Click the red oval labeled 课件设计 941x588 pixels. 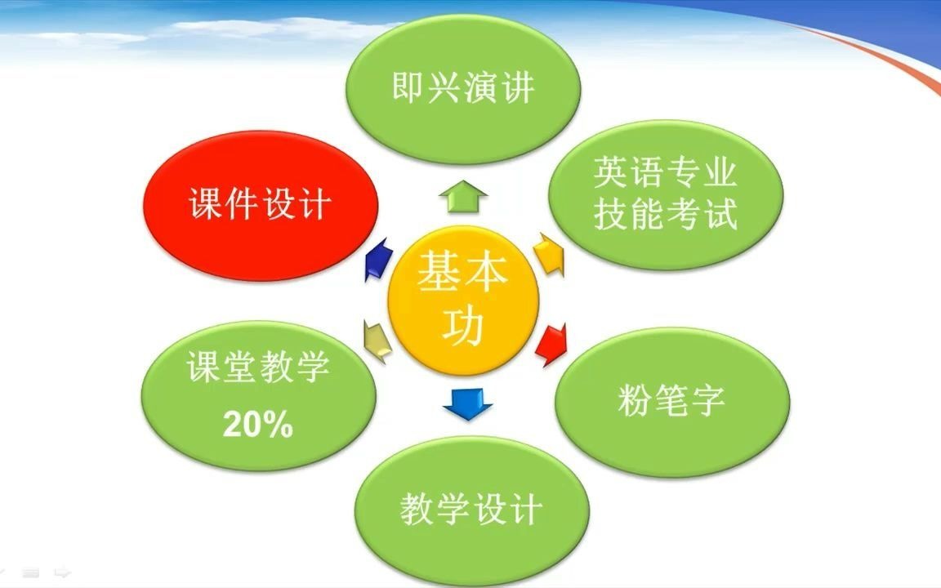click(260, 206)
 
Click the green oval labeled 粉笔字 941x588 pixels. click(671, 401)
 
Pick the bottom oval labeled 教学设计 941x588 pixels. click(471, 510)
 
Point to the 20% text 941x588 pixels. click(257, 424)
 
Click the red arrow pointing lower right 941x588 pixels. click(551, 342)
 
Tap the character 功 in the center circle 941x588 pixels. click(463, 325)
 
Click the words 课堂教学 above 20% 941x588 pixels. click(257, 367)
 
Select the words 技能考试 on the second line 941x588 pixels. click(665, 215)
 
